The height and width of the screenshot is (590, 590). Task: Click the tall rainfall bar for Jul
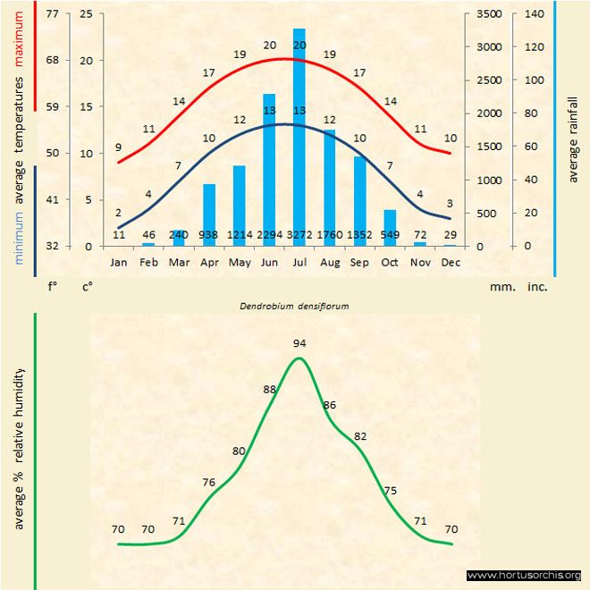coord(299,134)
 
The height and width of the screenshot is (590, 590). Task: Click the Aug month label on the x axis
coord(329,263)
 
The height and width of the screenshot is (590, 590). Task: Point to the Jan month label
coord(119,263)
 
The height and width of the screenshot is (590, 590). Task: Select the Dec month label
coord(450,263)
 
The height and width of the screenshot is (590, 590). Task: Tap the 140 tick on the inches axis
coord(535,14)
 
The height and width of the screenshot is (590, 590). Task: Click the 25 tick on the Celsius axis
coord(86,14)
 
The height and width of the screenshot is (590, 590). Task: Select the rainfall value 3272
coord(299,234)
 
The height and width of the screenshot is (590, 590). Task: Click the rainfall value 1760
coord(330,234)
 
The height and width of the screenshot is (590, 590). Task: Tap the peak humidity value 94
coord(299,342)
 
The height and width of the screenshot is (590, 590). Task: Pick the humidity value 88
coord(270,390)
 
